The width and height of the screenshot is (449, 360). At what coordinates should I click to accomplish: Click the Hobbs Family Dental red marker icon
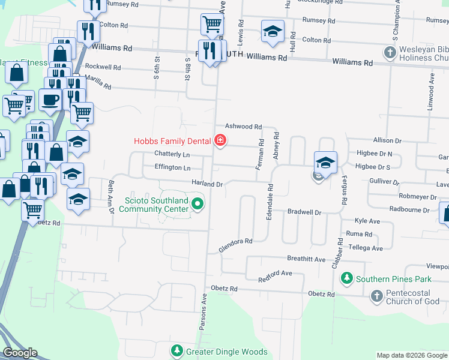pos(220,140)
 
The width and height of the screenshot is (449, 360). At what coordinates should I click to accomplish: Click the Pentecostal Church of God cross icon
pos(376,296)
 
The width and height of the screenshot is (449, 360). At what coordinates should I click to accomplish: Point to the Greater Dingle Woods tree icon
pos(176,350)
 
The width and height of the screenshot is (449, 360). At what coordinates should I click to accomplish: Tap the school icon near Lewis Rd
pos(272,31)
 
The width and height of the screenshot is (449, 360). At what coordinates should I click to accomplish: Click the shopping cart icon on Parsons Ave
pos(212,25)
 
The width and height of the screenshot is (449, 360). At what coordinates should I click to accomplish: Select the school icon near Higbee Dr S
pos(325,162)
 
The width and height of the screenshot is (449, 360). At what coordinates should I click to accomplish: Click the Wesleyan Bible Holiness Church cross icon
pos(390,53)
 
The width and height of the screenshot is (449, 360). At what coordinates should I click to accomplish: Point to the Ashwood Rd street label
pos(243,127)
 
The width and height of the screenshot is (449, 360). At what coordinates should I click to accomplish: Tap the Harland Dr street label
pos(208,184)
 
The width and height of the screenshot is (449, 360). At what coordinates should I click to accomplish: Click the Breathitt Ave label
pos(306,260)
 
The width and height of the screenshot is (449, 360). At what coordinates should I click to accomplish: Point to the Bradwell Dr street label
pos(305,212)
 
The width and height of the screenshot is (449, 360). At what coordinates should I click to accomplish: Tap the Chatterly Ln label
pos(172,153)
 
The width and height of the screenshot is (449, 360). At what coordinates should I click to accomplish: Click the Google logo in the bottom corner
pos(20,353)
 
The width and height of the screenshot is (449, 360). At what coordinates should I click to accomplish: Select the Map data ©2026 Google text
pos(412,355)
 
